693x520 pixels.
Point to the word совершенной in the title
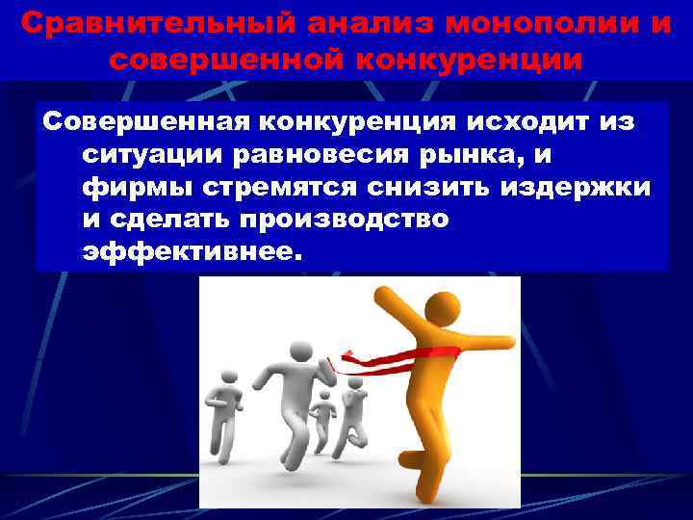tap(228, 60)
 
